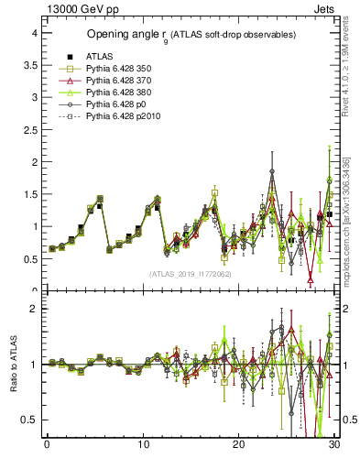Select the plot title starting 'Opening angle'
click(191, 35)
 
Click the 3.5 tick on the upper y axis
click(29, 65)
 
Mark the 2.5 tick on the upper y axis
click(29, 129)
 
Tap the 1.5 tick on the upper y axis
click(29, 194)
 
